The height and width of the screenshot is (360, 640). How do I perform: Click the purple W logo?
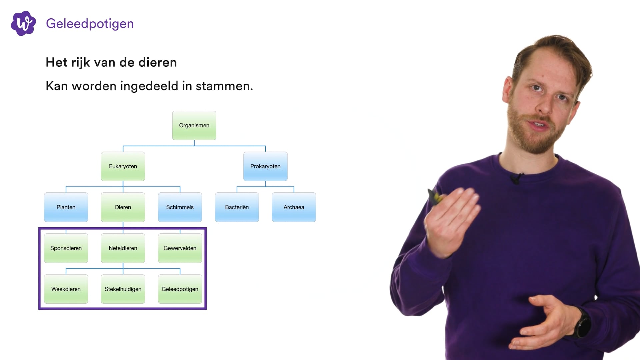pos(23,23)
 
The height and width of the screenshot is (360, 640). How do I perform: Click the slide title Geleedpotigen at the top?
pos(90,24)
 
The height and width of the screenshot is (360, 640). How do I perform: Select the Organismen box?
pos(194,125)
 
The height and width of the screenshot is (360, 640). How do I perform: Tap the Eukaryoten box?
pos(123,166)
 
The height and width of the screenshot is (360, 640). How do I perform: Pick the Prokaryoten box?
pos(265,166)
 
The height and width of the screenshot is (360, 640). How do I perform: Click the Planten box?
pos(66,207)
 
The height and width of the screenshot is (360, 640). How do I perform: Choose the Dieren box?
pos(123,207)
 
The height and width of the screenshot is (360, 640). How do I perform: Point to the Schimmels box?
pos(180,207)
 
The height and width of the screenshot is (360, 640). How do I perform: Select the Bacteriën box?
pos(237,207)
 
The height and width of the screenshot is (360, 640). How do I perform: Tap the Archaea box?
pos(294,207)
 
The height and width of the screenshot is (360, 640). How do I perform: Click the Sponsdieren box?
pos(66,248)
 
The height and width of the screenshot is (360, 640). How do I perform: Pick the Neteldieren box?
pos(123,248)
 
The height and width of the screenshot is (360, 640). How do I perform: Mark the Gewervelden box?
pos(180,248)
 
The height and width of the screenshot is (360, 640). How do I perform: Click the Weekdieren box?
pos(66,289)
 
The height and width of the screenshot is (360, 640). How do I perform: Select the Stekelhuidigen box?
pos(123,289)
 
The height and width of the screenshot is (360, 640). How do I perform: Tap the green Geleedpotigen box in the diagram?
pos(180,289)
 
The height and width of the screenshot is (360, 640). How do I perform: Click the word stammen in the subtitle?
pos(224,86)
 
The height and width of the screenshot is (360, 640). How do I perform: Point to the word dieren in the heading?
pos(157,62)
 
